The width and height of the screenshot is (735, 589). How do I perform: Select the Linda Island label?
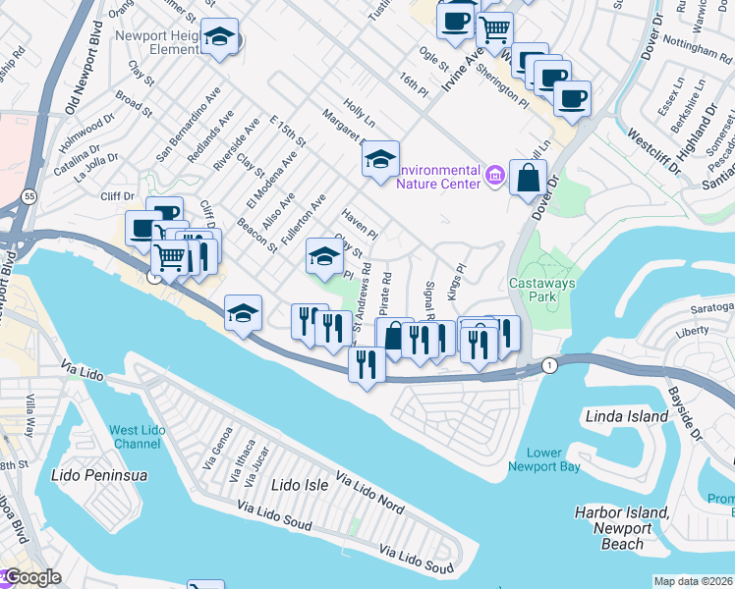tap(627, 416)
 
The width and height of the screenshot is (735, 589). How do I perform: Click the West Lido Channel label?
tap(137, 437)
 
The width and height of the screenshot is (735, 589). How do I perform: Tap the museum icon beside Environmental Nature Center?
tap(496, 177)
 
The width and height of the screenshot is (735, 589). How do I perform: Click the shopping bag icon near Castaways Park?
tap(529, 178)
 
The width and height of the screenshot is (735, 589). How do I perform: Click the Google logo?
tap(31, 577)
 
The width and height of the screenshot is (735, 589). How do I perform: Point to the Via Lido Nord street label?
tap(369, 493)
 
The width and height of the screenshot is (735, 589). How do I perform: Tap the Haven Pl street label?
tap(359, 224)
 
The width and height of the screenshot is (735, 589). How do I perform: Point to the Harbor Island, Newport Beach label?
tap(621, 528)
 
